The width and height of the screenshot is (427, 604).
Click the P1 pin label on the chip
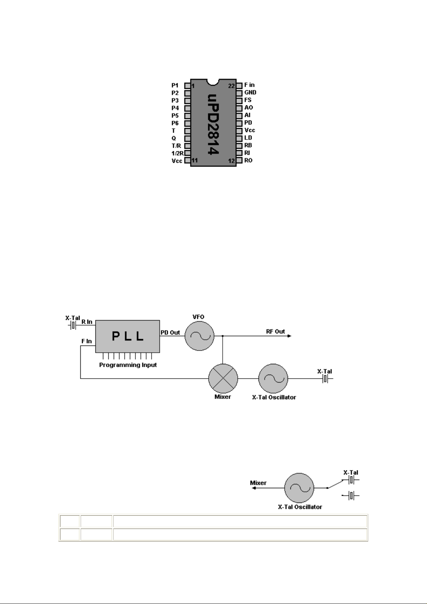(x=175, y=86)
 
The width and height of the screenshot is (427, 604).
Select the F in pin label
(x=249, y=85)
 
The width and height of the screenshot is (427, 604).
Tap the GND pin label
(x=250, y=92)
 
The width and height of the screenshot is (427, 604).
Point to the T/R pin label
(x=176, y=146)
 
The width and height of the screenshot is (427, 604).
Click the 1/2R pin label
(x=177, y=153)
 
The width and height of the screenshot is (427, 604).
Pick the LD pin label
(x=248, y=138)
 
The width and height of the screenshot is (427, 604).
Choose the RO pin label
(x=248, y=160)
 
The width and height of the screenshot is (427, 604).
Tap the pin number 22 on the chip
(x=231, y=86)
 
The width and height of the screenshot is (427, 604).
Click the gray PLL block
(x=128, y=336)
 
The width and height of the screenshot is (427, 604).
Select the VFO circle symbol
(x=199, y=336)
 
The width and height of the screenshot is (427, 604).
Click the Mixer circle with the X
(x=223, y=379)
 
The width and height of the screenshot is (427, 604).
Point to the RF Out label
(x=275, y=332)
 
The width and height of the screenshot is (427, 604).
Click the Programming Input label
(x=128, y=365)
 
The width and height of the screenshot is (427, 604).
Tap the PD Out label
(x=170, y=332)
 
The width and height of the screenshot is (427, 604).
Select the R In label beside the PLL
(x=87, y=322)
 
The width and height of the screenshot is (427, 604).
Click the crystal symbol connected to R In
(x=72, y=325)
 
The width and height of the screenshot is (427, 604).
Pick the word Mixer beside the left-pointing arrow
(x=258, y=483)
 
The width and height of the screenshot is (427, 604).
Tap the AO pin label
(x=248, y=108)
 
